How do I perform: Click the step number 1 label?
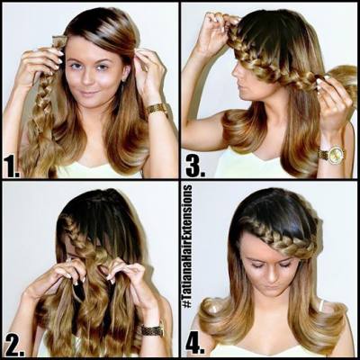point(12,166)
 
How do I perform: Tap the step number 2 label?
point(14,346)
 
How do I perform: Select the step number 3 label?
point(195,166)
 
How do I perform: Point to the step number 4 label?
point(195,346)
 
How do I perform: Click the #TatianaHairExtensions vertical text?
point(187,246)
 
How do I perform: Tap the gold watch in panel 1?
point(157,110)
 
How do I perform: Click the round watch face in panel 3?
point(336,155)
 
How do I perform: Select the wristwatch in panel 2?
point(152,330)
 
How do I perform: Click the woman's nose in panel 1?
point(87,78)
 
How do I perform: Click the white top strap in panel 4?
point(320,304)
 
